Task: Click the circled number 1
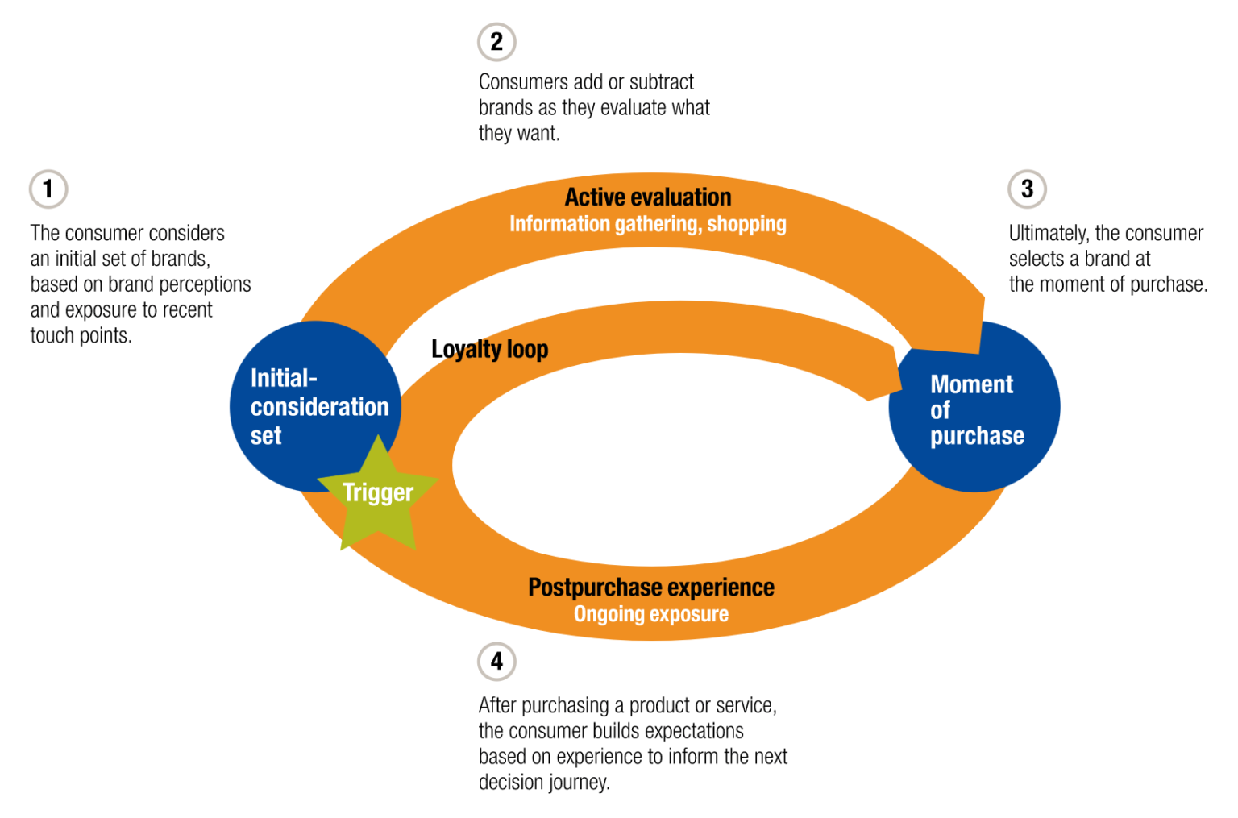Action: (x=48, y=189)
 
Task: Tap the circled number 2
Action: (x=496, y=42)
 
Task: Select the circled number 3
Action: (x=1027, y=189)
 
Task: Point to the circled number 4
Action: (x=496, y=662)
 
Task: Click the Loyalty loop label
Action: (x=489, y=349)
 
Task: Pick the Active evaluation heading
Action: (x=647, y=197)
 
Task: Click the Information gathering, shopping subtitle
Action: (x=647, y=224)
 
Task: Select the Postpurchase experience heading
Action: (x=650, y=588)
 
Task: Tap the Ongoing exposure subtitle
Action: (x=650, y=614)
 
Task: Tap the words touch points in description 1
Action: (x=81, y=336)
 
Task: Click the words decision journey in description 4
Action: (x=544, y=783)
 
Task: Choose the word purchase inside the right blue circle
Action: (x=977, y=436)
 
